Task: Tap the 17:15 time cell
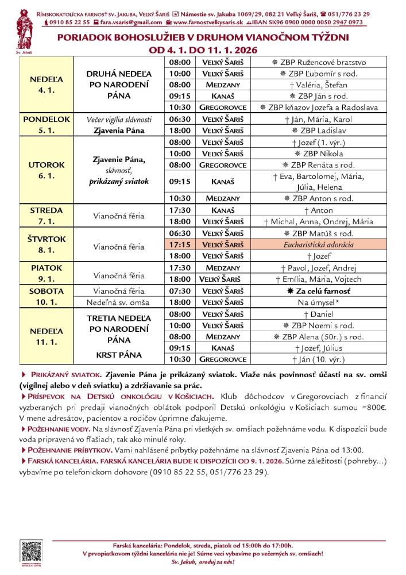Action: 180,244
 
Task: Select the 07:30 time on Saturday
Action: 180,291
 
